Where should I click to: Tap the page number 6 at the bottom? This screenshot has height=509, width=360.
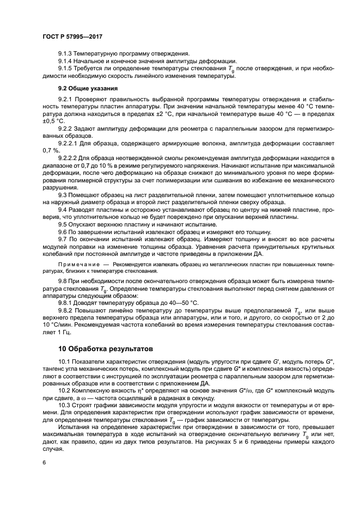44,462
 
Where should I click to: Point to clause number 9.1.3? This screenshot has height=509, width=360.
66,53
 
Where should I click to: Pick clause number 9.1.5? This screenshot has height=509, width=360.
66,68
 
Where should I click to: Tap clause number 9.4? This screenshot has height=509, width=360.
62,209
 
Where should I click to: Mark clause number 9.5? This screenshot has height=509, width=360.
62,224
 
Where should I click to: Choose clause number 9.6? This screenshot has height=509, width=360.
62,231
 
